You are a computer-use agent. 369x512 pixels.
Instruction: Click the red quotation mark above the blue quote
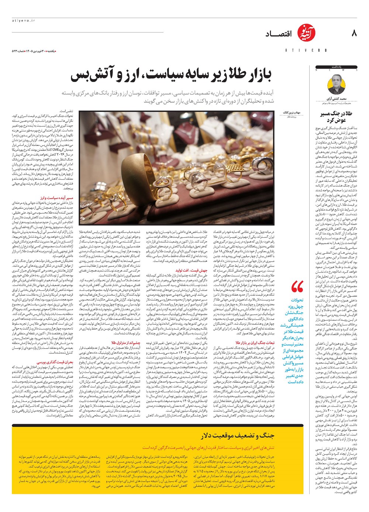[x=297, y=286]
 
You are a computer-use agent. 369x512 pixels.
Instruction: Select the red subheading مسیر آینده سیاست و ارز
[x=60, y=198]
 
